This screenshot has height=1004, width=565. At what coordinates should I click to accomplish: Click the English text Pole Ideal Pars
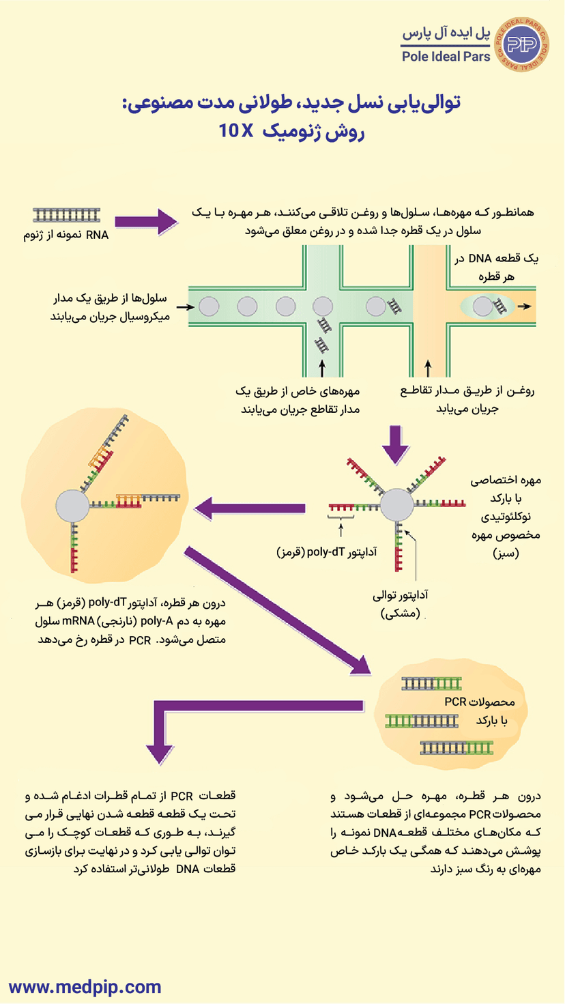(x=446, y=57)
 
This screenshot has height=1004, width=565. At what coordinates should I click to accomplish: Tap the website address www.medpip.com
(x=85, y=986)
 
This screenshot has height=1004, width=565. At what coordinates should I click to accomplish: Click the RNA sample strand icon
(x=67, y=215)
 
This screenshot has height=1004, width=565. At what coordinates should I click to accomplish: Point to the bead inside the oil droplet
(x=482, y=307)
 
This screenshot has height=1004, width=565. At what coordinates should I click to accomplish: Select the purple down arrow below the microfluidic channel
(x=396, y=444)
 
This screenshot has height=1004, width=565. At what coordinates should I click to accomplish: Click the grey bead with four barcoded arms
(x=396, y=507)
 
